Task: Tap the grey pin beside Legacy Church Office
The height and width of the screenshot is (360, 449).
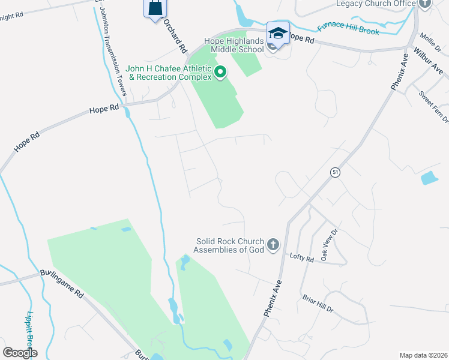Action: (426, 4)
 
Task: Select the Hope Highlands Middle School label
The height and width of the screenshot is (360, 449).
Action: (234, 45)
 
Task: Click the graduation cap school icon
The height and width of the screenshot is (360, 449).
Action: (278, 33)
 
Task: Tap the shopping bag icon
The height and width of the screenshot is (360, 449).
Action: (155, 8)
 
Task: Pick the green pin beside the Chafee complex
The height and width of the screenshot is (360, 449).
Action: (220, 73)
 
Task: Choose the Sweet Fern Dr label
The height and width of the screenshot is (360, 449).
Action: (433, 106)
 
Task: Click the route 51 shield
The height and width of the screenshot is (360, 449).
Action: (335, 172)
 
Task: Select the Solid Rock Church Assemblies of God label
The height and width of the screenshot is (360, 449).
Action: (230, 245)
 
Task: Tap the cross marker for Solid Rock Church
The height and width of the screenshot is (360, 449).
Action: (273, 244)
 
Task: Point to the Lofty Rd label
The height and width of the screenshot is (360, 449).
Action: (301, 259)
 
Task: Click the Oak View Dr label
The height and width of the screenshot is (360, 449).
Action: (331, 242)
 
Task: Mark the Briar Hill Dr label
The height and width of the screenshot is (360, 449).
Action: (318, 304)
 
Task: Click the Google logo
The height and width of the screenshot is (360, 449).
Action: (20, 353)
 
